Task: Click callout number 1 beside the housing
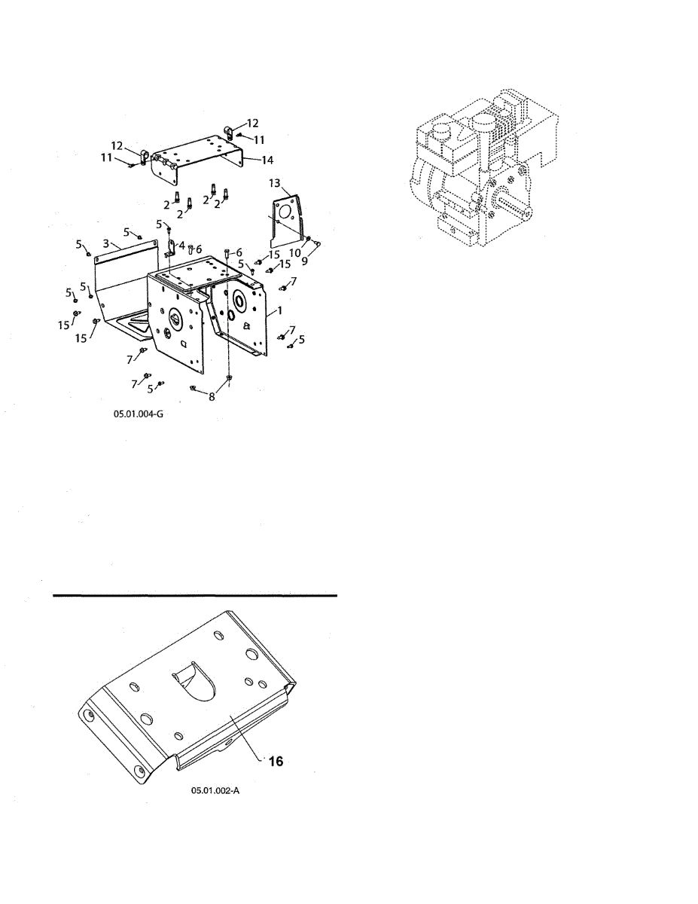point(280,310)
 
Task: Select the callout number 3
point(106,243)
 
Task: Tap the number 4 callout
point(181,246)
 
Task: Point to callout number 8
point(212,397)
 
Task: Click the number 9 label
point(305,261)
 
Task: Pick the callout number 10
point(294,253)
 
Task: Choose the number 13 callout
point(275,183)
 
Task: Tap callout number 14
point(267,160)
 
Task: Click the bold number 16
point(276,762)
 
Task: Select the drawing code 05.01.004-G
point(139,414)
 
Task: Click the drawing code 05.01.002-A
point(215,790)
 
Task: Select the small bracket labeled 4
point(170,247)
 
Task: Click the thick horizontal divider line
point(195,596)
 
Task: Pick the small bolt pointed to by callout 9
point(318,243)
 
